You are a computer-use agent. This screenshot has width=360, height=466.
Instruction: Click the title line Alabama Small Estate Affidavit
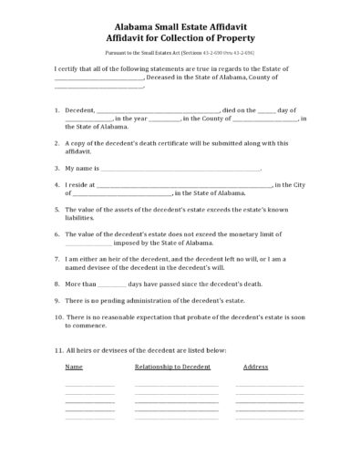tap(180, 29)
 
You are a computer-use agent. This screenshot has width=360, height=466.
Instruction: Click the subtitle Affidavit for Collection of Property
tap(180, 42)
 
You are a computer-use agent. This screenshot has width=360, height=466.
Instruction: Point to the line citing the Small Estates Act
tap(180, 56)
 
